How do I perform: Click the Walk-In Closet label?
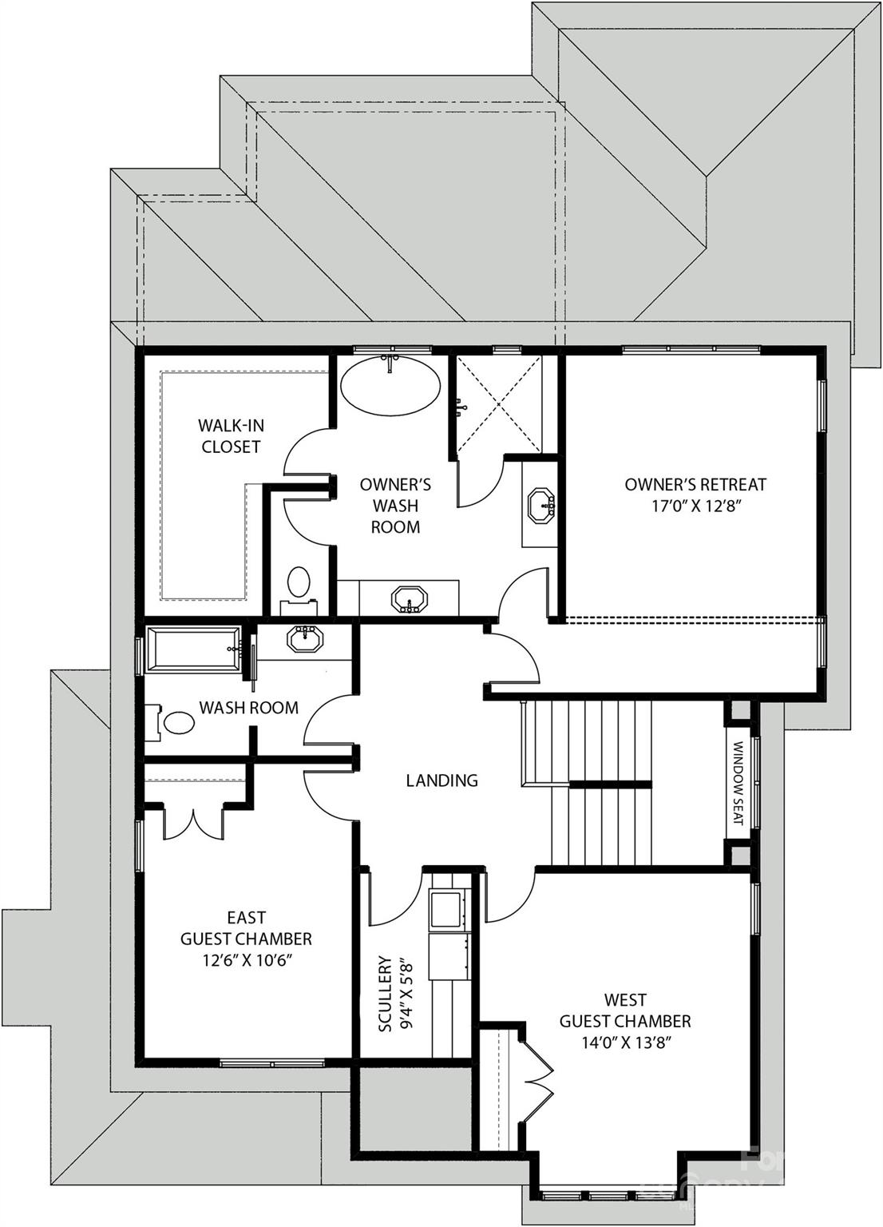coord(231,436)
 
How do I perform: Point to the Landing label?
coord(442,780)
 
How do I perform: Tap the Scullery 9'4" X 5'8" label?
coord(394,993)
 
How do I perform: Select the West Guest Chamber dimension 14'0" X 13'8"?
coord(625,1042)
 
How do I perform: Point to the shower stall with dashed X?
coord(497,404)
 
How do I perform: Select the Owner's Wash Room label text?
coord(395,506)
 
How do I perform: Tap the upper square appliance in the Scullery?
coord(446,909)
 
